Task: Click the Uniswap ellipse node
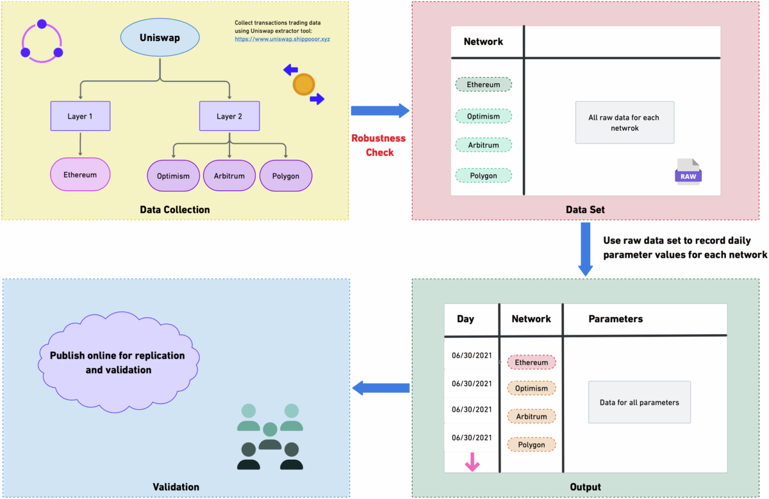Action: tap(160, 38)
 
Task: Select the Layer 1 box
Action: tap(80, 117)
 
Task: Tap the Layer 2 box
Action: tap(229, 117)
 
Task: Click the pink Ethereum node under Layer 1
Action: tap(80, 175)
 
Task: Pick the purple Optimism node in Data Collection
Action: tap(174, 176)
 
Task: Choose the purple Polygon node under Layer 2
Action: tap(285, 176)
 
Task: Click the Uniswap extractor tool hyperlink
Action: tap(282, 39)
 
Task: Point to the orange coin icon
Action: tap(304, 85)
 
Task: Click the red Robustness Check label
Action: tap(378, 145)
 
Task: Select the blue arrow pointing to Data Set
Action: tap(380, 111)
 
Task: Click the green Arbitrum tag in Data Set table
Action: tap(483, 145)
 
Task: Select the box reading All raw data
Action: tap(624, 123)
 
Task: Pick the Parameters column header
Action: tap(615, 319)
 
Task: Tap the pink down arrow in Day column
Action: tap(472, 462)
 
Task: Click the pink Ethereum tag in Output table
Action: tap(531, 362)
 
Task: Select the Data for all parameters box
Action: tap(639, 402)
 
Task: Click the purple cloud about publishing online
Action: tap(118, 362)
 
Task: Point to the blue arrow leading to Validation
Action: tap(381, 387)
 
